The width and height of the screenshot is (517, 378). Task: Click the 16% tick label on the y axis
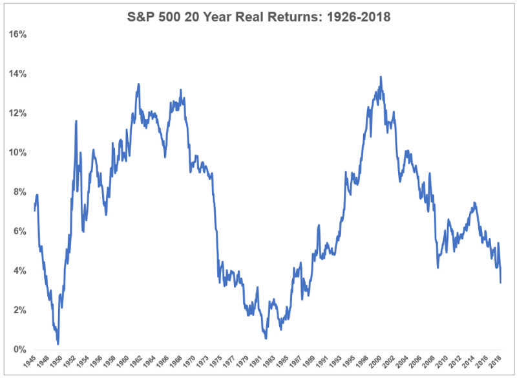point(16,34)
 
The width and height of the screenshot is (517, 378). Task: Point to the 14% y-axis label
point(16,73)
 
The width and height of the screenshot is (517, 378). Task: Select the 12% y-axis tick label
point(16,113)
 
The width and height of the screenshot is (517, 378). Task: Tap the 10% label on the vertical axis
point(16,152)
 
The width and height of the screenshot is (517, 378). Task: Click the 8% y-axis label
point(18,192)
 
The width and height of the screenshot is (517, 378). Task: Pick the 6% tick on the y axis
point(18,231)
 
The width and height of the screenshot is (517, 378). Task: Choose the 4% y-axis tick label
point(18,271)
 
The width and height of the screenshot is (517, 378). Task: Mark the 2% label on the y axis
point(18,310)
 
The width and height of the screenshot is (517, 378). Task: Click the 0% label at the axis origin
point(18,350)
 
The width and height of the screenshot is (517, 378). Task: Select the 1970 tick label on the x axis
point(191,362)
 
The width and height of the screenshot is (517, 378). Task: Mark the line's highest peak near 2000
point(381,77)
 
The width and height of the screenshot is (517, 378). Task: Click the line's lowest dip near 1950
point(58,344)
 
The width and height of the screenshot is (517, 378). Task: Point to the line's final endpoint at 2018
point(501,282)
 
